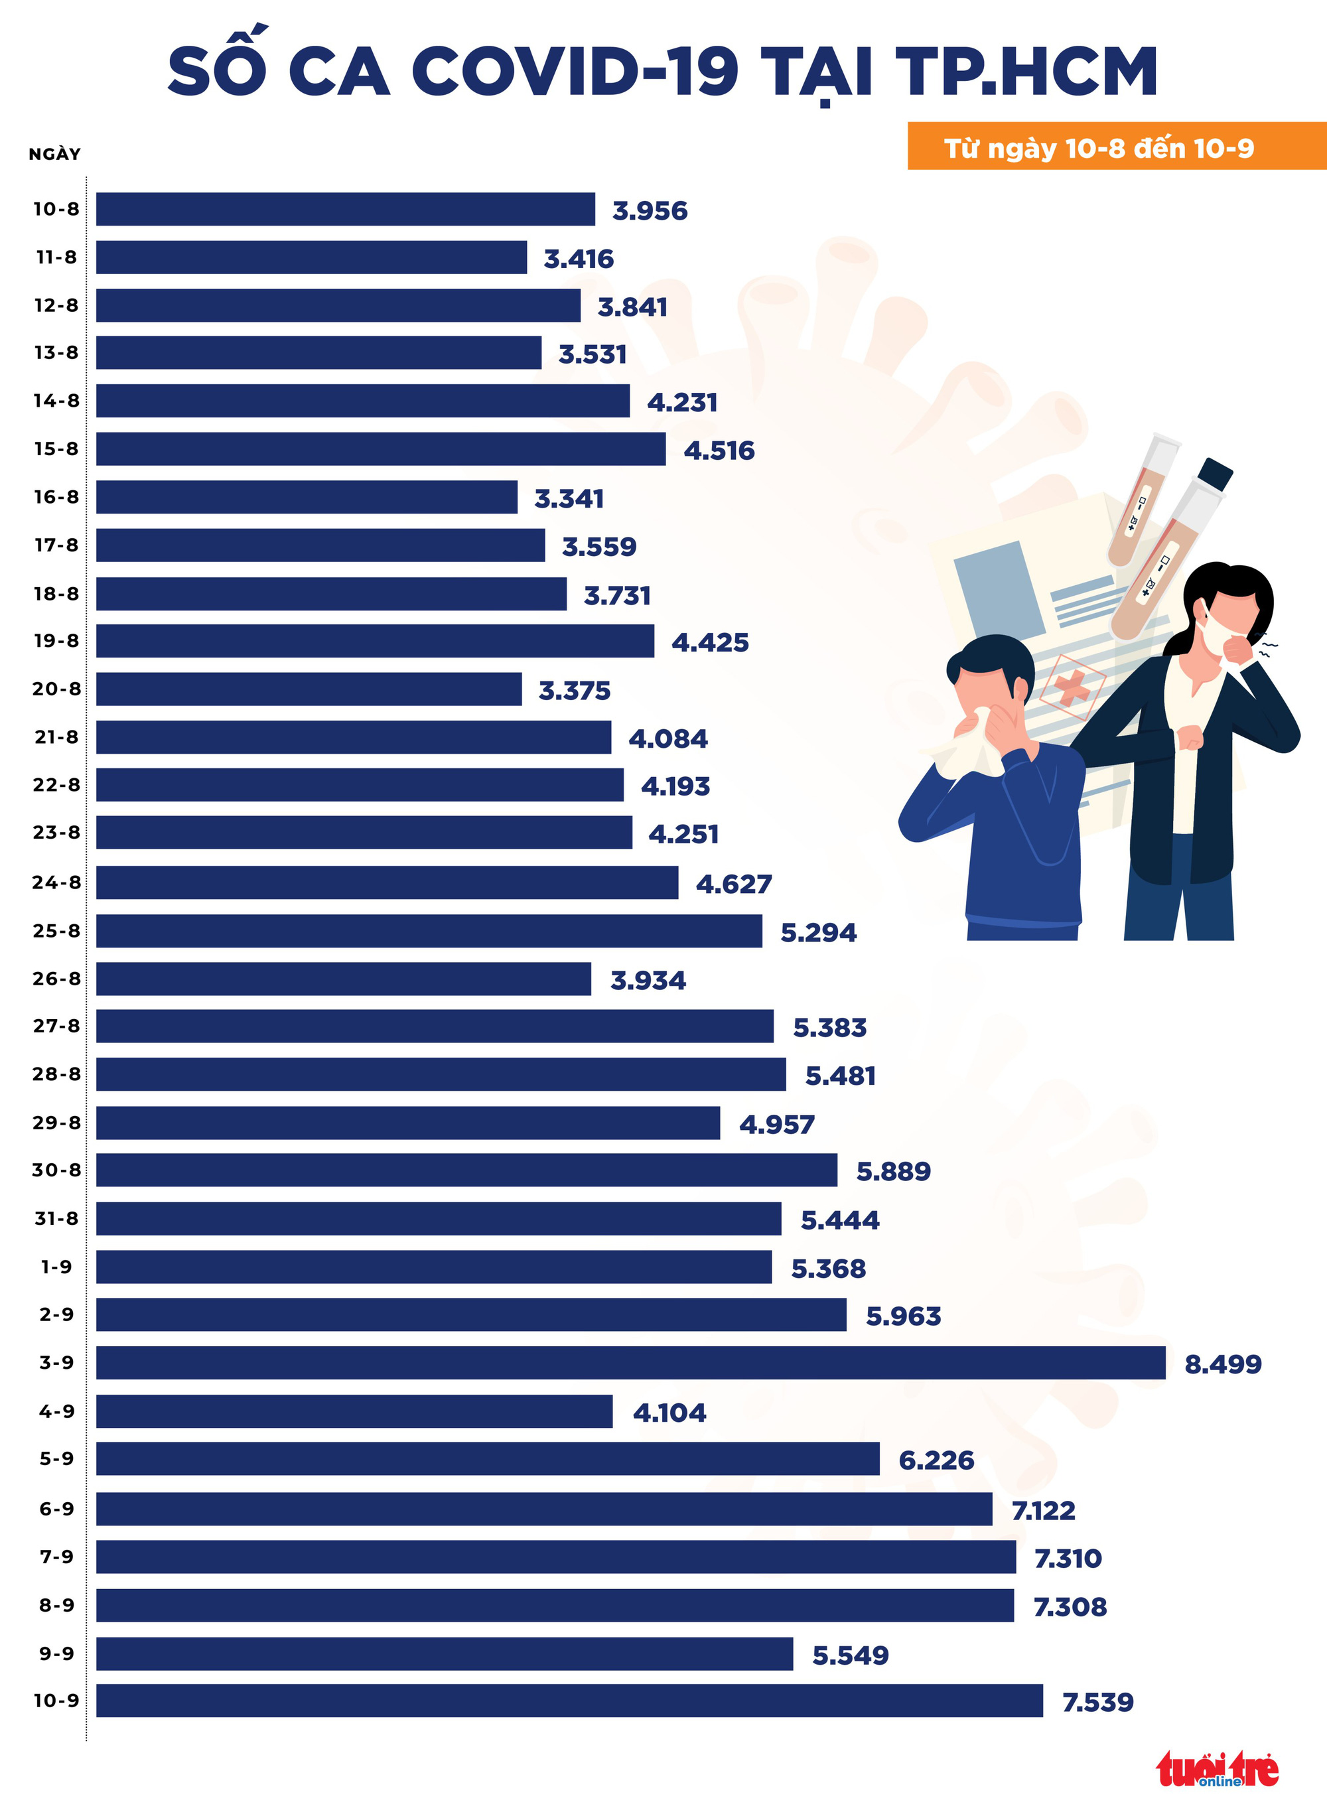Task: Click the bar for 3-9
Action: click(630, 1363)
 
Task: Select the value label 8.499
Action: click(1223, 1364)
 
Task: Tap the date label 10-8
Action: click(56, 209)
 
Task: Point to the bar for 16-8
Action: click(307, 497)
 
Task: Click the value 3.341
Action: click(569, 499)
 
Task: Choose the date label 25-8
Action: click(56, 931)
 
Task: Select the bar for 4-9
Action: click(354, 1411)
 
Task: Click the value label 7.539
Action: click(1097, 1702)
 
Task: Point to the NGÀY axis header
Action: click(54, 154)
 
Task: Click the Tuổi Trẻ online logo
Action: click(1217, 1770)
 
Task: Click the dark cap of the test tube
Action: click(1214, 474)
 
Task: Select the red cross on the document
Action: click(1072, 687)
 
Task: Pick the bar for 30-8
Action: click(466, 1170)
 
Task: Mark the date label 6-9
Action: click(56, 1508)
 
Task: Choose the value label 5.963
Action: click(903, 1316)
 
